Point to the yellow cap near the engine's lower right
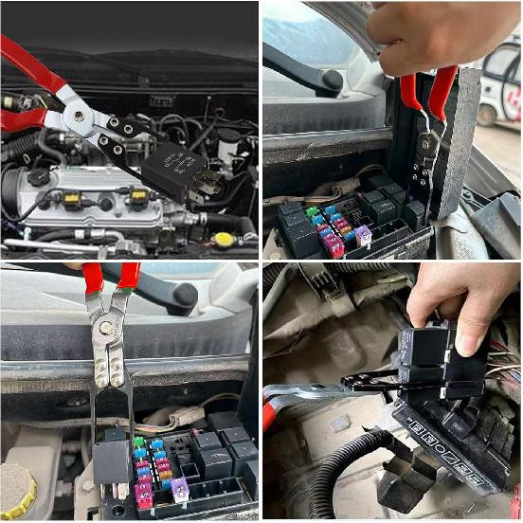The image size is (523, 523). [224, 239]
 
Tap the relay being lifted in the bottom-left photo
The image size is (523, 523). [111, 460]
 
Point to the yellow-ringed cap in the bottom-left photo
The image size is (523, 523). [17, 490]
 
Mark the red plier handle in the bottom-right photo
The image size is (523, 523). [268, 413]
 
